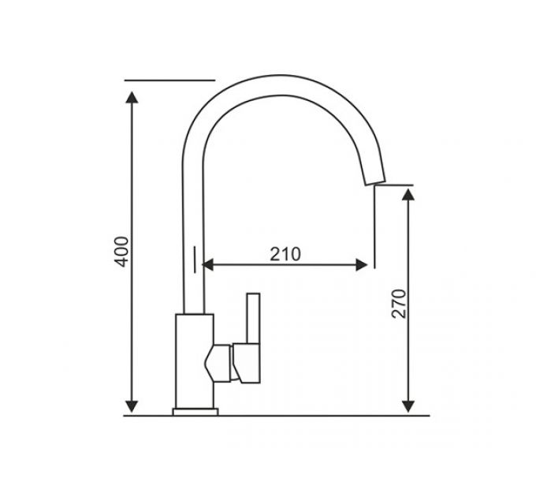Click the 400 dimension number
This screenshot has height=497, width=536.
point(121,250)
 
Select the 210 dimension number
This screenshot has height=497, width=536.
point(285,254)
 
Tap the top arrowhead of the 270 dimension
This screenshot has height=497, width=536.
point(408,196)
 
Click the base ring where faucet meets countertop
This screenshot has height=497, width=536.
point(196,410)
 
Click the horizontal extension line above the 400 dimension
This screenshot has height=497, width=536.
point(169,80)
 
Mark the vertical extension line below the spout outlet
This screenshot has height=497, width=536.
point(374,229)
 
